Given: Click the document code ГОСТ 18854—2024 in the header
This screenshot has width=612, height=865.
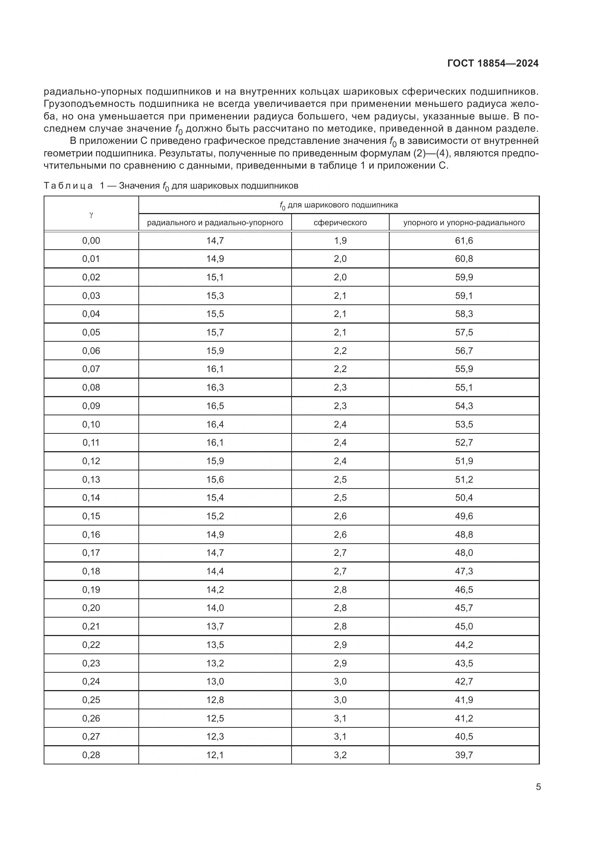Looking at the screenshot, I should click(x=492, y=64).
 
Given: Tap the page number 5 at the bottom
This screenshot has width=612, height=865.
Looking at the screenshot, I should click(x=538, y=787).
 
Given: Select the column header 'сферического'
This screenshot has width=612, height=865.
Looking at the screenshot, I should click(x=340, y=223).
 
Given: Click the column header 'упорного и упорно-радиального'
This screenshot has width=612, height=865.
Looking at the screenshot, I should click(x=464, y=223).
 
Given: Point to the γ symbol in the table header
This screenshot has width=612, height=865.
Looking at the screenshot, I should click(x=91, y=214).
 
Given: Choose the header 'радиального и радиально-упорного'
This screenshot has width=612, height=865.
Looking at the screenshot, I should click(x=215, y=223).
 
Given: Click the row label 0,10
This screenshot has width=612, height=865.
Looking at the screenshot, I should click(x=91, y=424).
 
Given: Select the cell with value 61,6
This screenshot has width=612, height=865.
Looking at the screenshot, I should click(x=464, y=240).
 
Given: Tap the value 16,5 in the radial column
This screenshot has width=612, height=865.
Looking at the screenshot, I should click(x=215, y=406).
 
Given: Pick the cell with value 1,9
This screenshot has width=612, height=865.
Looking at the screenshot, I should click(x=340, y=240).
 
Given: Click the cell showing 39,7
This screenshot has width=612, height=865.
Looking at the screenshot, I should click(x=464, y=755).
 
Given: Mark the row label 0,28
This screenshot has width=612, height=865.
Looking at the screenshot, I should click(x=91, y=755).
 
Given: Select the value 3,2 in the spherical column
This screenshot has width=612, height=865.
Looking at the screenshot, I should click(x=340, y=755).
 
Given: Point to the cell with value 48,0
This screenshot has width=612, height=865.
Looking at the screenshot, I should click(x=464, y=553).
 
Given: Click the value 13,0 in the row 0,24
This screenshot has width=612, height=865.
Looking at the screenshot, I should click(x=215, y=681).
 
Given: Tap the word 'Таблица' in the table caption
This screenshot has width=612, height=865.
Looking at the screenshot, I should click(x=68, y=186).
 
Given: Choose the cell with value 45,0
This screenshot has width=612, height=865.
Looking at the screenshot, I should click(x=464, y=626).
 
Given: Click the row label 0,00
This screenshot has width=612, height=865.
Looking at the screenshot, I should click(x=91, y=240).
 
